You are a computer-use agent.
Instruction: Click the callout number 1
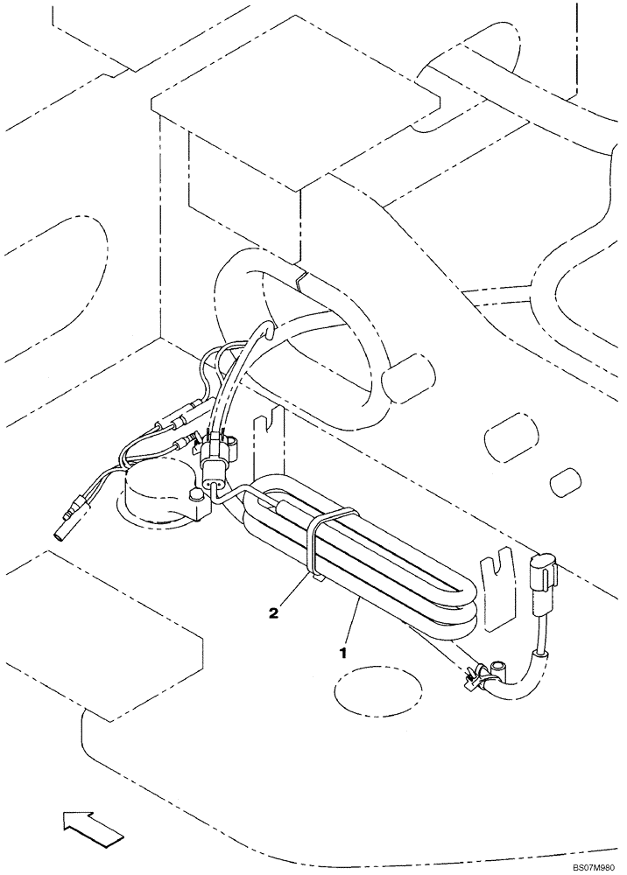point(343,652)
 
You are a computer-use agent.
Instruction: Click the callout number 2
point(273,614)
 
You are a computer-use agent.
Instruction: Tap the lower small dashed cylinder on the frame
point(567,480)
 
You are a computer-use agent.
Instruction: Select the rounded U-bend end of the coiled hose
point(468,604)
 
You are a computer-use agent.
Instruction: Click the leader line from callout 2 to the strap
point(296,593)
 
